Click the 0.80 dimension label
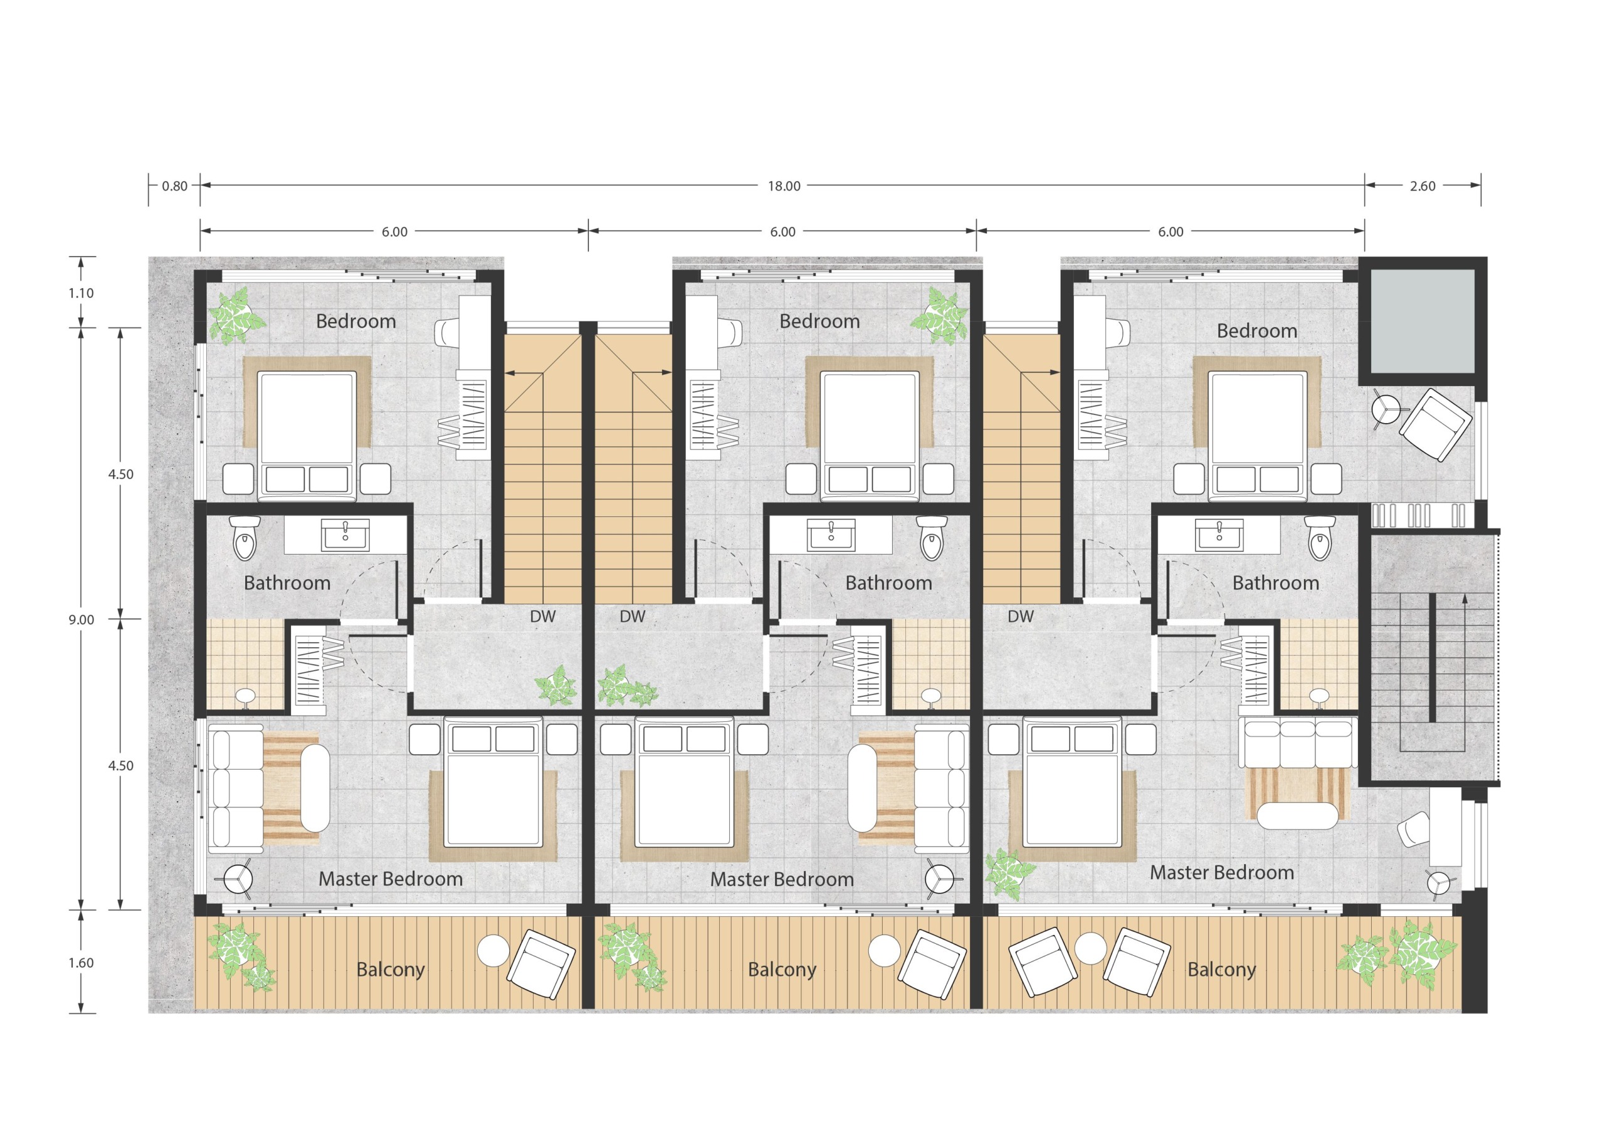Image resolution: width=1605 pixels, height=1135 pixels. coord(175,186)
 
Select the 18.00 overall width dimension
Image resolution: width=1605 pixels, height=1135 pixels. coord(784,186)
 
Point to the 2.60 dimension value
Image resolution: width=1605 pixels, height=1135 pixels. coord(1422,186)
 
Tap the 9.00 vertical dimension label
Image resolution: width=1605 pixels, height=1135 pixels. coord(81,619)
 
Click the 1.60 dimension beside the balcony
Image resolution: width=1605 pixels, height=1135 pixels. coord(81,963)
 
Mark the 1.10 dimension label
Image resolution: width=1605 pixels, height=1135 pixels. coord(81,293)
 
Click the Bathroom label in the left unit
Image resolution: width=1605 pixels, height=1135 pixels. coord(287,582)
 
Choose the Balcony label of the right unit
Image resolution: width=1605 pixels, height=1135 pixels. coord(1221,970)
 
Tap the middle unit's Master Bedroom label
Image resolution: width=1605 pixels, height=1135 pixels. coord(782,879)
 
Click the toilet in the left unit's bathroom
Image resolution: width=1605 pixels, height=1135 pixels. coord(245,538)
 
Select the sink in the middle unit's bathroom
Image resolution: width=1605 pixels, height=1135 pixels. coord(831,535)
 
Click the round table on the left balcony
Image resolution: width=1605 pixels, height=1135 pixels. coord(493,951)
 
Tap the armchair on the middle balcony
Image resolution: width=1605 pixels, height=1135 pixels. coord(932,965)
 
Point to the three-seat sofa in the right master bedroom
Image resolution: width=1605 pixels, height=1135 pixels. coord(1298,742)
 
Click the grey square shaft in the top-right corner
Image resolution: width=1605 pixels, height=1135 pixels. coord(1422,322)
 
